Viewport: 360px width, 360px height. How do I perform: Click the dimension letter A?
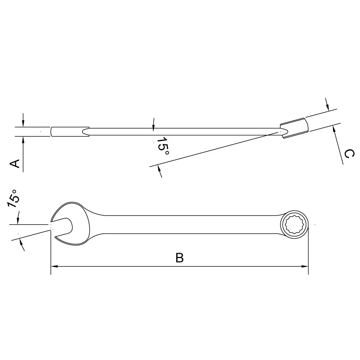15,164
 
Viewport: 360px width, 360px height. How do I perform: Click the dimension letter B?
180,258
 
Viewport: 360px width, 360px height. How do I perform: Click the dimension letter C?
349,154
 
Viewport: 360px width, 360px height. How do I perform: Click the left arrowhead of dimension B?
54,266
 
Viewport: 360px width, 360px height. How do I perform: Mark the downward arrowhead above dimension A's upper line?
23,124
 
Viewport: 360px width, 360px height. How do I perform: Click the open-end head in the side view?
70,131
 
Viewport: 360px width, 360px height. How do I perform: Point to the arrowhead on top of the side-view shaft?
153,126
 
